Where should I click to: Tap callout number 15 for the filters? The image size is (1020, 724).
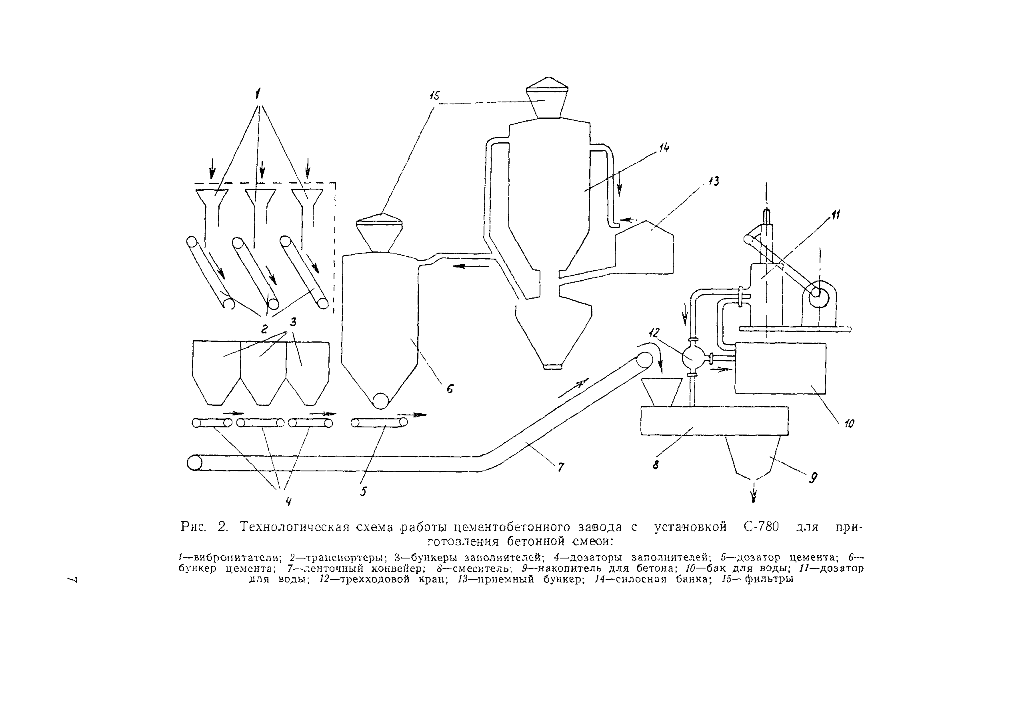434,96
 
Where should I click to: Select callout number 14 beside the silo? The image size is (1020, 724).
664,148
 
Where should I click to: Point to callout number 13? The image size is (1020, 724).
714,181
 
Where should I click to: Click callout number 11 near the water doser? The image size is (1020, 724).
835,215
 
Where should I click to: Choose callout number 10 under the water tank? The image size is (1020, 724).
849,423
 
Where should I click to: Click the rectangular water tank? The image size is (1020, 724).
780,368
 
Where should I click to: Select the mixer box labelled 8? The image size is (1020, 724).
714,421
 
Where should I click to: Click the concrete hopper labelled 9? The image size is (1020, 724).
753,455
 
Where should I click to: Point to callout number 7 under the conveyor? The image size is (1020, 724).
561,467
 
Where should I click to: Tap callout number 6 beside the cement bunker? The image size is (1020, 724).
450,389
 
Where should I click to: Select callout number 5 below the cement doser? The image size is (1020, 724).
364,491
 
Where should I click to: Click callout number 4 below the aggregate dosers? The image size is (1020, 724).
288,502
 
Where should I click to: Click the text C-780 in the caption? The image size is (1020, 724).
761,527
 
